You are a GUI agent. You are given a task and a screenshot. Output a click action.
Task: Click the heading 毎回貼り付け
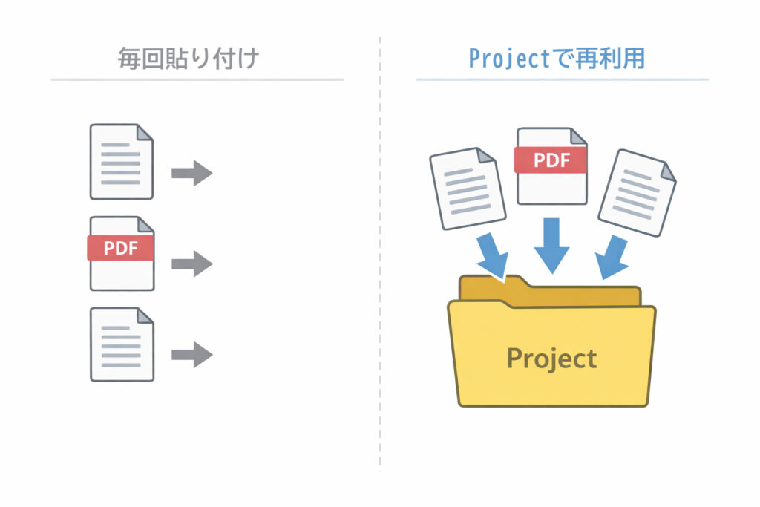point(189,58)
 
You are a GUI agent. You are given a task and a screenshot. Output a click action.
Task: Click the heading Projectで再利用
point(557,58)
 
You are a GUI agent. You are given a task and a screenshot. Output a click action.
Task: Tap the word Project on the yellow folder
point(551,358)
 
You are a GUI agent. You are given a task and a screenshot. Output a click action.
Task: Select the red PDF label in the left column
point(120,248)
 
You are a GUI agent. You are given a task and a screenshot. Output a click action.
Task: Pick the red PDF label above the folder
point(551,159)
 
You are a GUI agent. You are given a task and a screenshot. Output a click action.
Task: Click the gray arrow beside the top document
point(191,173)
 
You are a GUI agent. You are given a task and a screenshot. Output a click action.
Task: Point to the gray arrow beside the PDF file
point(191,264)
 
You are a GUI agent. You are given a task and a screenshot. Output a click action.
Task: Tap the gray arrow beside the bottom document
point(191,354)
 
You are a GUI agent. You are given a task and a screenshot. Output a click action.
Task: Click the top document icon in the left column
point(121,162)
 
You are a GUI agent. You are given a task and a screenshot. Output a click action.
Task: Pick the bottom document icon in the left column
point(121,344)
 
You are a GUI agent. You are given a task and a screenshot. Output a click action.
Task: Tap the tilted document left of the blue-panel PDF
point(468,189)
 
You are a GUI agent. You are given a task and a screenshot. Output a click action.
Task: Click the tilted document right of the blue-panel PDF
point(637,192)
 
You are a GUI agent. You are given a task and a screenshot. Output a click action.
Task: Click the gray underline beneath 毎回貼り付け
point(197,79)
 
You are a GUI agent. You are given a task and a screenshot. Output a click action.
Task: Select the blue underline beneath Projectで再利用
point(562,79)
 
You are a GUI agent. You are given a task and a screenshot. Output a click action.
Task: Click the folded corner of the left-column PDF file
point(145,224)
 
